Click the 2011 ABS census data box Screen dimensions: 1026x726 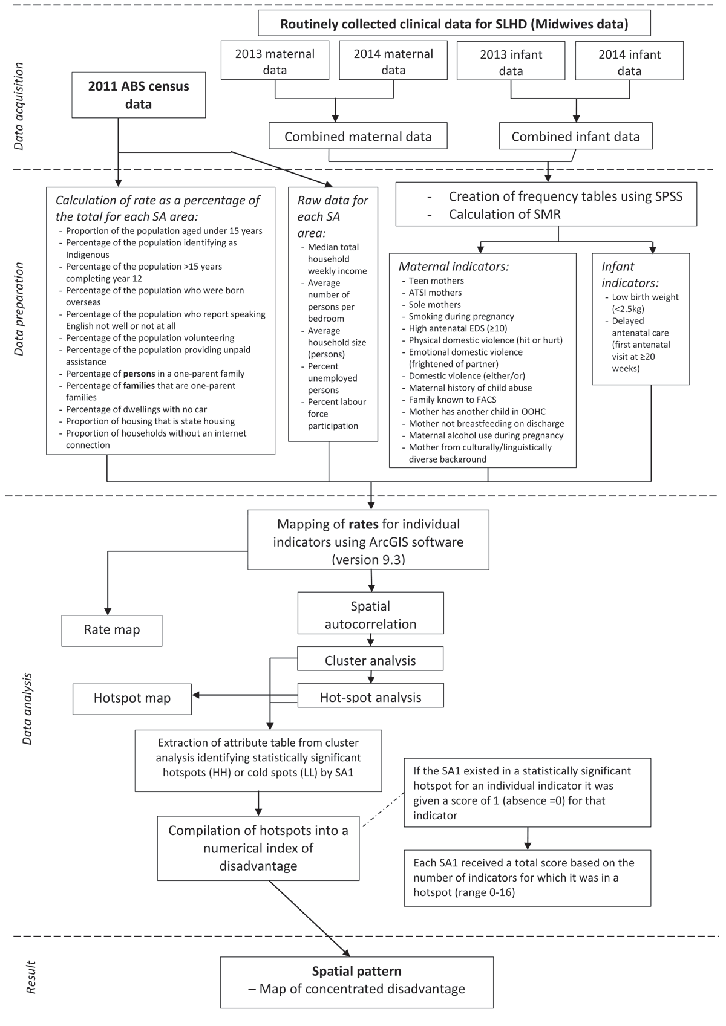click(x=139, y=95)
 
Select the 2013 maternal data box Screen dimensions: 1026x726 click(x=275, y=62)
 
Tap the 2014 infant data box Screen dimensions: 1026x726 click(x=629, y=62)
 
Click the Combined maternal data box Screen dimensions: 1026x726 click(x=358, y=137)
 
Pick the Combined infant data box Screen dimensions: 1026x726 click(x=575, y=137)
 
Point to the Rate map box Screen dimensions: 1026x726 click(x=112, y=630)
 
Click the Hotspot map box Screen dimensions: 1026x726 click(x=132, y=698)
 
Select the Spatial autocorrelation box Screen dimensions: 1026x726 click(x=370, y=615)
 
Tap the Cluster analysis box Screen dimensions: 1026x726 click(x=370, y=660)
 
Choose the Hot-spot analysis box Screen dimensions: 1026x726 click(x=370, y=696)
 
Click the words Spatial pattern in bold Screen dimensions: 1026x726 click(x=356, y=972)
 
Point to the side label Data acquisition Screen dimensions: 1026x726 click(x=19, y=106)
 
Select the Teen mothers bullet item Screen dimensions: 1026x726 click(x=436, y=281)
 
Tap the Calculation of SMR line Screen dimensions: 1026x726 click(x=505, y=214)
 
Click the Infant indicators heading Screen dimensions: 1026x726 click(x=630, y=274)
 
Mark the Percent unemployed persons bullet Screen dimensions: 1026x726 click(x=332, y=378)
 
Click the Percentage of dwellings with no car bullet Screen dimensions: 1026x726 click(x=136, y=409)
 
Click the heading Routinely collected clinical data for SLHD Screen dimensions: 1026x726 click(x=454, y=25)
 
